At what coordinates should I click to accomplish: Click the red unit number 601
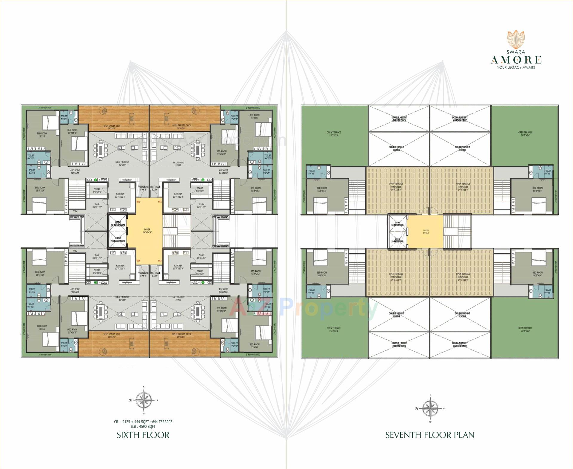(x=138, y=202)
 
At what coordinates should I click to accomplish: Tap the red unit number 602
(x=160, y=202)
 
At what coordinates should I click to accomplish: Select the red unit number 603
(x=160, y=261)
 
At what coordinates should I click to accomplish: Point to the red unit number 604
(x=138, y=261)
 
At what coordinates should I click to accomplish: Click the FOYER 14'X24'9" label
(x=147, y=231)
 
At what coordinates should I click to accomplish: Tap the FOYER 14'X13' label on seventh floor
(x=426, y=232)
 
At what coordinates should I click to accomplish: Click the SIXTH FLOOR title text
(x=143, y=435)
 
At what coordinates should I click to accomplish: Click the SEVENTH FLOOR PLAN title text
(x=430, y=435)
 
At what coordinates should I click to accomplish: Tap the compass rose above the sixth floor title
(x=144, y=401)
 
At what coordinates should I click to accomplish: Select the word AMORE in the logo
(x=516, y=60)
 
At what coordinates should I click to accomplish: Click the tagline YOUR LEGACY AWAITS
(x=516, y=68)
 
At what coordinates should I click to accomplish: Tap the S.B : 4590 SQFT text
(x=143, y=426)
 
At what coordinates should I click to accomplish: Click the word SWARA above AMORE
(x=516, y=52)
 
